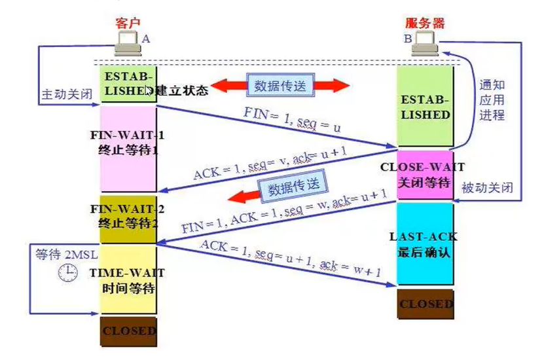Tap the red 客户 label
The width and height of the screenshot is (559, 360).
[128, 23]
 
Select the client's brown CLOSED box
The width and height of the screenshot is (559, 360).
[128, 331]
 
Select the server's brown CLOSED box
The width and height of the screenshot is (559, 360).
[425, 304]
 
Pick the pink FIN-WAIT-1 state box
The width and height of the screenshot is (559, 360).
[128, 149]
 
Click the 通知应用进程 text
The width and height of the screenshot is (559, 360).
[492, 100]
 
